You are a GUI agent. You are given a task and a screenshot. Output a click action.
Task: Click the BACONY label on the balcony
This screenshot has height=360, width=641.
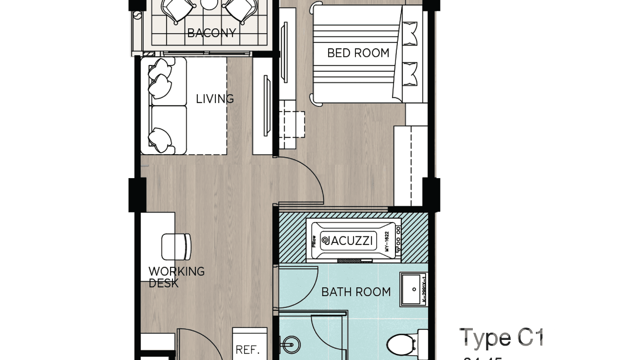tap(211, 33)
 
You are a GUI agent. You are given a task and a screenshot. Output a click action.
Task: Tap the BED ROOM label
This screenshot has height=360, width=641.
tap(358, 53)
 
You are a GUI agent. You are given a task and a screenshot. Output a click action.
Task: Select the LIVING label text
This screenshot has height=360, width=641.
tap(214, 99)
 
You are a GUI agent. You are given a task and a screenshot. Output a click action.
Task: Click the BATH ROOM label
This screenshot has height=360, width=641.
tap(356, 292)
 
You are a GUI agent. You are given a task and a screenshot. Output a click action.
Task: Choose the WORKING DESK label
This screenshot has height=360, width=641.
tap(176, 277)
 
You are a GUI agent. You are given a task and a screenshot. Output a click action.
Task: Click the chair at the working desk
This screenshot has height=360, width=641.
tap(176, 246)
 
